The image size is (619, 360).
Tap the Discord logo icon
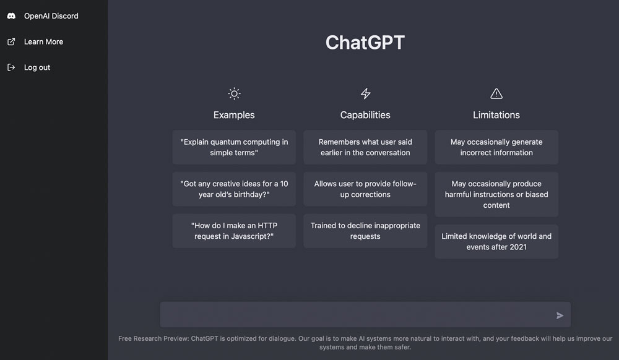[x=11, y=15]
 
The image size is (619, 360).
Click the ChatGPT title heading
[x=365, y=42]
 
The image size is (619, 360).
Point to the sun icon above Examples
[x=234, y=93]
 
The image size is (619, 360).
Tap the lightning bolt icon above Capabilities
[x=366, y=93]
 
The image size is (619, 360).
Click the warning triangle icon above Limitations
[x=496, y=93]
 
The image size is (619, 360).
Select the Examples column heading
[x=234, y=115]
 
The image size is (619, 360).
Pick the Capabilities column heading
[x=365, y=115]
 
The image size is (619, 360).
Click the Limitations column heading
[x=496, y=115]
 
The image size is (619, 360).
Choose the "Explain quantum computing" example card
[x=234, y=147]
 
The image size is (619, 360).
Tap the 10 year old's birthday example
[x=234, y=189]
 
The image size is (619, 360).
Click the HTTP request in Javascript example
[x=234, y=231]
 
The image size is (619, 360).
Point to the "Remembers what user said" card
[x=365, y=147]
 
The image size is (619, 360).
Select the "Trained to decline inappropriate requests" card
[x=365, y=231]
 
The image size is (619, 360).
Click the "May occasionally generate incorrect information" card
[x=496, y=147]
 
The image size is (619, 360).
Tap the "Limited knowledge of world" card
[x=496, y=241]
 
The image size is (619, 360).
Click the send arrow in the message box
[x=560, y=315]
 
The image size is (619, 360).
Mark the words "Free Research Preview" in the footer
[x=153, y=338]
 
